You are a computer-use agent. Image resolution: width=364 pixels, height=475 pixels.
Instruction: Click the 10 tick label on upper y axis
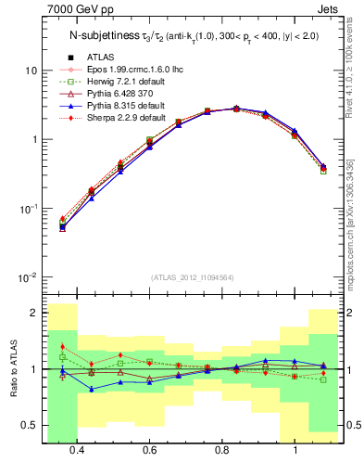pos(31,71)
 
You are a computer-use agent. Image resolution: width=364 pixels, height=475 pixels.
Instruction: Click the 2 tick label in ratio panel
pos(33,314)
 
